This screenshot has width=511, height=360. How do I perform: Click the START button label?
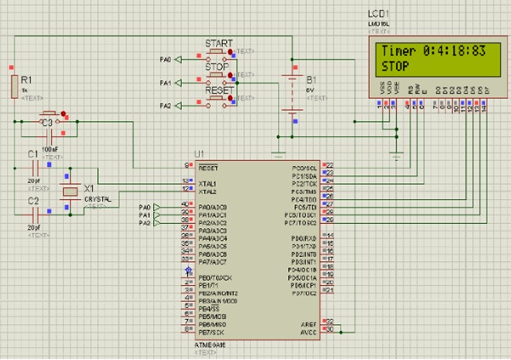(x=219, y=43)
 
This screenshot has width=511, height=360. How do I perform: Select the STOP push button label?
(x=219, y=66)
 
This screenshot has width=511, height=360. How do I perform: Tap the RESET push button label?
(x=219, y=89)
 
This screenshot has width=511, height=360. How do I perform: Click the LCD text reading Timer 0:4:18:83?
(x=433, y=51)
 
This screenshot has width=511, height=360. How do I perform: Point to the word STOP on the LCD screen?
(x=395, y=66)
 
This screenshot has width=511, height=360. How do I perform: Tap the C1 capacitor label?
(x=32, y=154)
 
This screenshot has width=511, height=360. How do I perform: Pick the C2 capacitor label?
(x=32, y=201)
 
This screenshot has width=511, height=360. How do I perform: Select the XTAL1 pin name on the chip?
(x=207, y=182)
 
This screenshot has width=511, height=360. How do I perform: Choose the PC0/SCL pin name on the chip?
(x=304, y=167)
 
